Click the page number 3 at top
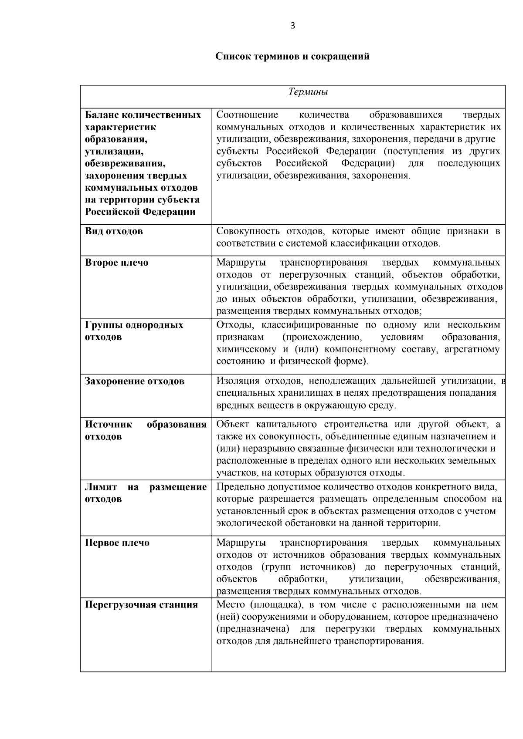click(292, 26)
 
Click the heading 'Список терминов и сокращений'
click(292, 56)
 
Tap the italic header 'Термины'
click(308, 92)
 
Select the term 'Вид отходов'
click(114, 231)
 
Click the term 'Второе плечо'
click(116, 263)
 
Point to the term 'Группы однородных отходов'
click(134, 331)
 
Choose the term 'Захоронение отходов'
click(134, 381)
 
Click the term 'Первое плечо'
click(117, 543)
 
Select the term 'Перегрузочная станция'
click(141, 604)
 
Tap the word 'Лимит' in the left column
click(101, 487)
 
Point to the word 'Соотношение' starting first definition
click(247, 115)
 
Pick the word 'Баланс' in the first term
click(101, 115)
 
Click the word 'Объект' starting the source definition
click(234, 424)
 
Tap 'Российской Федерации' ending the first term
click(140, 212)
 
